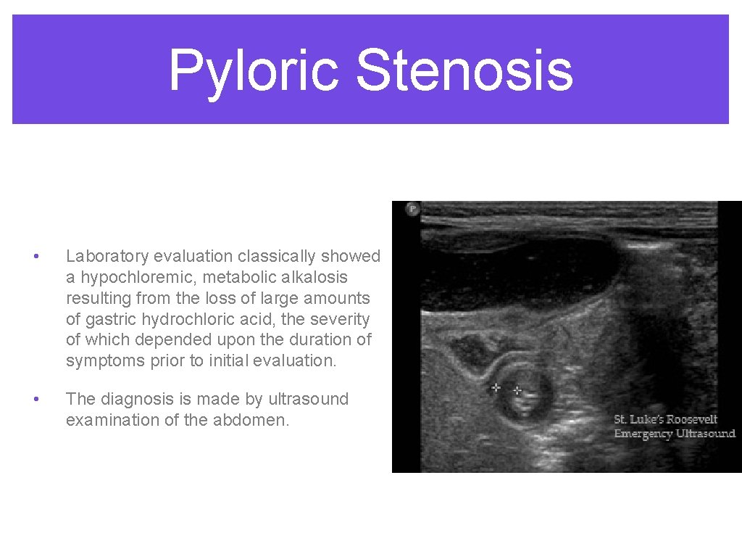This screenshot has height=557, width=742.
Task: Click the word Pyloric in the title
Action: [x=254, y=70]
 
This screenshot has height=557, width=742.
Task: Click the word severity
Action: [x=341, y=319]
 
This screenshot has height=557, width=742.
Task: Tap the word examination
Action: [x=110, y=420]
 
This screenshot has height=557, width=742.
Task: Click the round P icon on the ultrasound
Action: [x=412, y=209]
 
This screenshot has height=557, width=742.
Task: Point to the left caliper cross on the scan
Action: [x=496, y=387]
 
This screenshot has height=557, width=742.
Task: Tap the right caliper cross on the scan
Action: [x=517, y=390]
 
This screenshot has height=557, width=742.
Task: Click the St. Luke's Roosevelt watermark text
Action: [x=665, y=419]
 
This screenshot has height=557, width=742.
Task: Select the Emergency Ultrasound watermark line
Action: [x=674, y=434]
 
